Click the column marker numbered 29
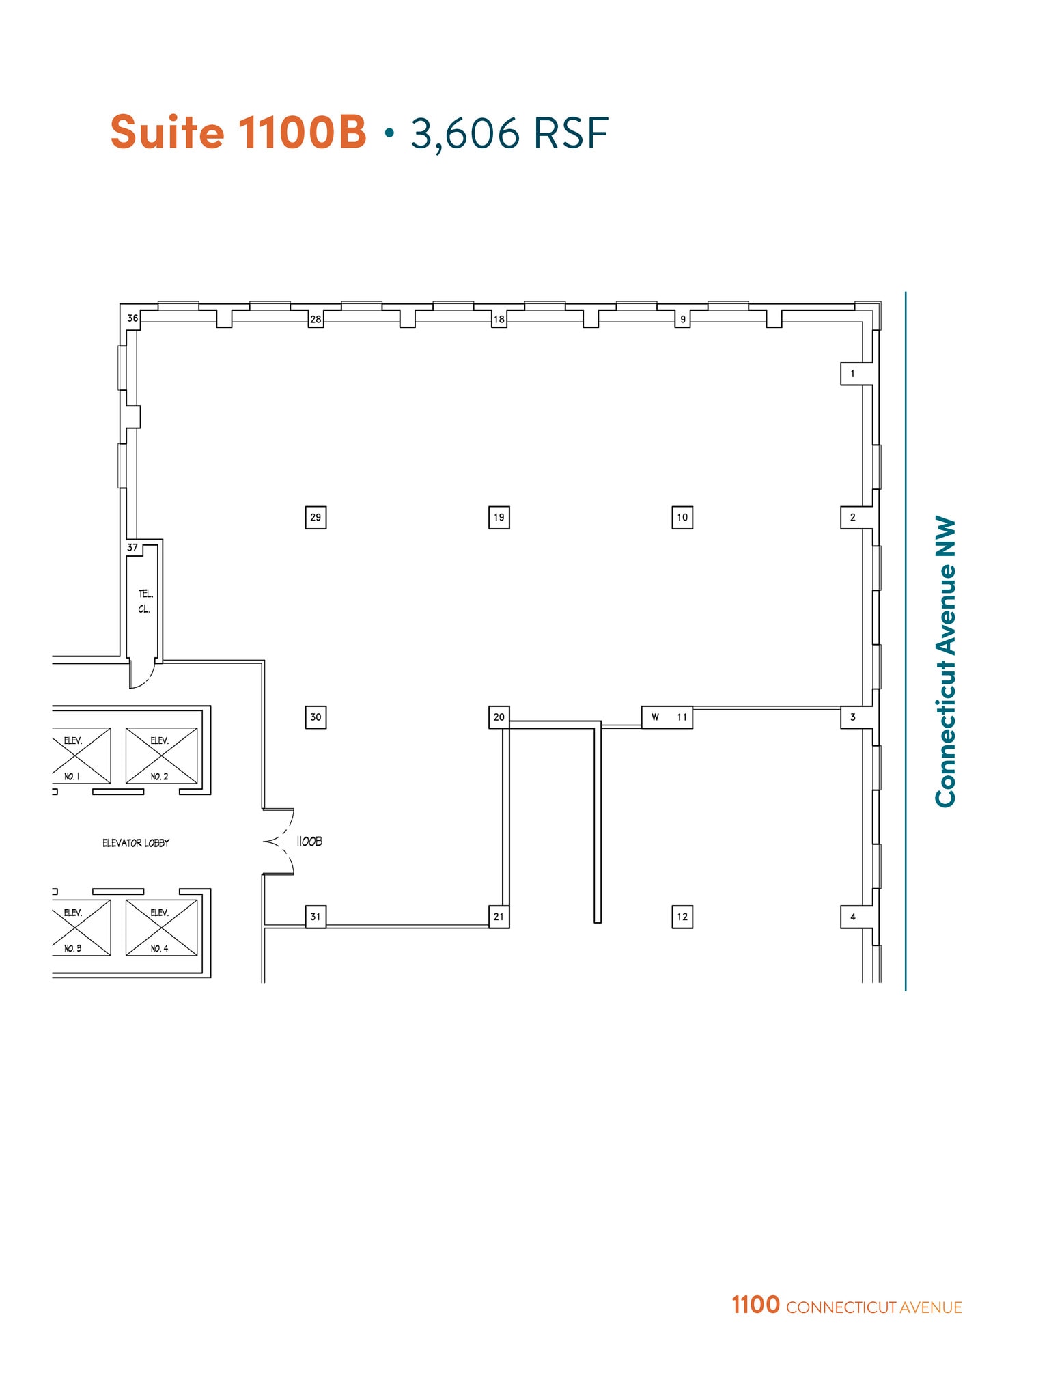click(x=316, y=517)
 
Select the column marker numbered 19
click(x=499, y=517)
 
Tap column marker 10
click(x=682, y=517)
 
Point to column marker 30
click(x=316, y=717)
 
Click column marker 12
click(x=682, y=917)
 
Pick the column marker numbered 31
click(x=316, y=917)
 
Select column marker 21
click(x=499, y=917)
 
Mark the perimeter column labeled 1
click(x=852, y=374)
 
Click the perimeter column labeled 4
click(x=852, y=917)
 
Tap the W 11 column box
click(x=667, y=717)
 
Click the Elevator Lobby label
click(x=136, y=843)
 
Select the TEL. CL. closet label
click(x=145, y=601)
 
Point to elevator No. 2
click(x=161, y=756)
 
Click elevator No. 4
click(x=161, y=928)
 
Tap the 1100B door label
click(x=309, y=842)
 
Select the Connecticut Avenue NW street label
click(x=946, y=661)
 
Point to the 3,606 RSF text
click(x=509, y=133)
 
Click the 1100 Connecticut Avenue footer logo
click(x=846, y=1305)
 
